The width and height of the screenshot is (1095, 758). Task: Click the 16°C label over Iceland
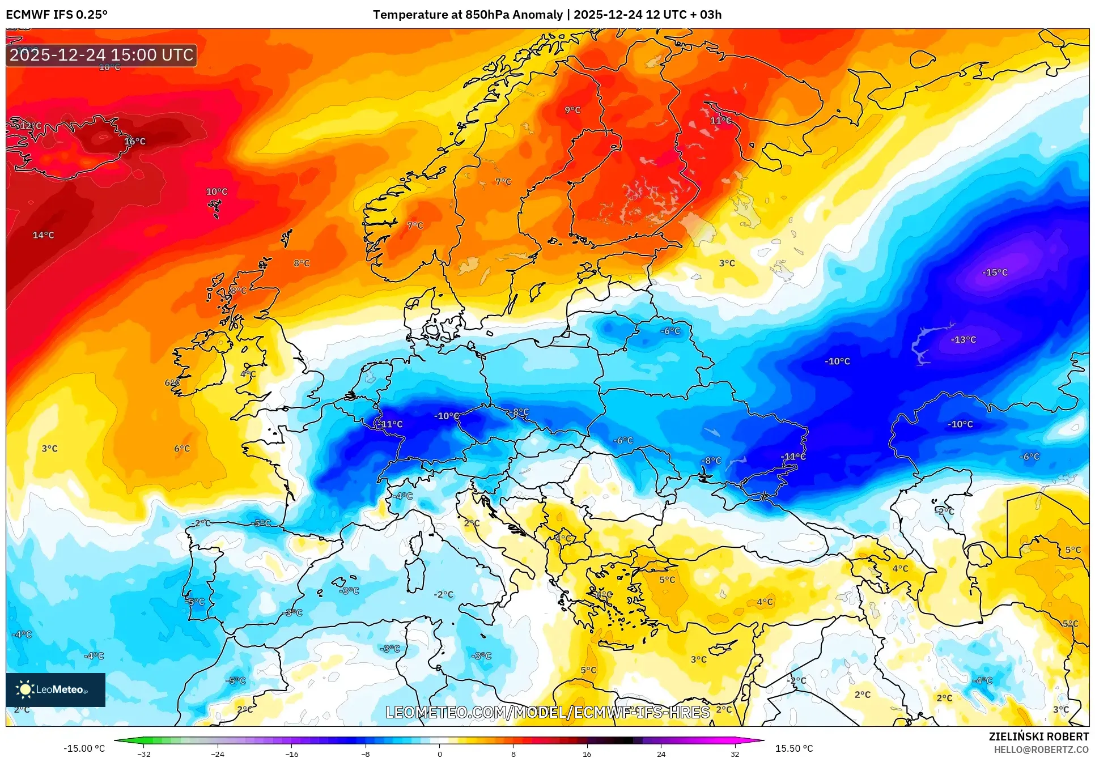coord(135,141)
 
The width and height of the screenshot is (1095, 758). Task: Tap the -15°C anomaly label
coord(995,272)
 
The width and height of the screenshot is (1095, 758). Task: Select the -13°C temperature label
coord(964,340)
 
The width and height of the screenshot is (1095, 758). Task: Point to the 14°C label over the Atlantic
coord(44,235)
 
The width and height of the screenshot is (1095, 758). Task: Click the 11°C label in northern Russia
coord(720,121)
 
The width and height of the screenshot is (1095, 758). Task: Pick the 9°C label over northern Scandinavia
coord(572,110)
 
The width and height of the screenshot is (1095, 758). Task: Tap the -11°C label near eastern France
coord(391,424)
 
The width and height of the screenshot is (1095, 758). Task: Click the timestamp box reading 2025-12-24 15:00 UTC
coord(101,55)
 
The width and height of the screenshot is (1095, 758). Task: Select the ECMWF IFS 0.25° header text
coord(57,15)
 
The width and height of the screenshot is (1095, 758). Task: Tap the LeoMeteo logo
coord(56,689)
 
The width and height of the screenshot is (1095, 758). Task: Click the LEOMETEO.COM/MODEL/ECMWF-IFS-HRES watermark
coord(547,712)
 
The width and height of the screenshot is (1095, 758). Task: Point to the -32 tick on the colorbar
coord(144,754)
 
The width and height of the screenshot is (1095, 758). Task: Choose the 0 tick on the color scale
coord(439,754)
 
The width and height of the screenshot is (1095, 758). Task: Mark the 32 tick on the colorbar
coord(735,754)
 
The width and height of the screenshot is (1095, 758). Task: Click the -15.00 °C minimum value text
coord(84,748)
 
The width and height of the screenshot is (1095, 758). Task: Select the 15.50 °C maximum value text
coord(793,748)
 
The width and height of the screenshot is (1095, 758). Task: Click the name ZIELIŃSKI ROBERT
coord(1039,736)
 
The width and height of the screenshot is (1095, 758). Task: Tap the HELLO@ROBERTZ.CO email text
coord(1041,750)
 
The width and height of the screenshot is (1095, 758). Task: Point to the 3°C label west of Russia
coord(727,263)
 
